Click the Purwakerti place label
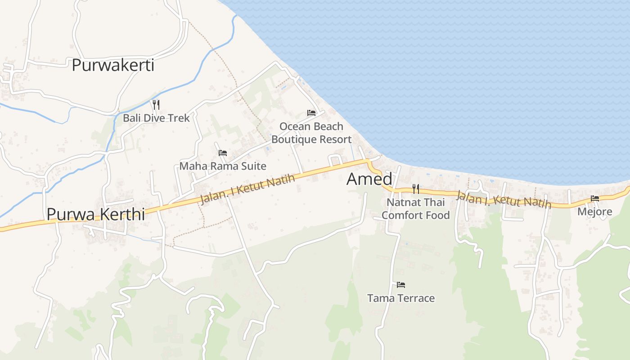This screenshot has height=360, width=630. click(x=113, y=65)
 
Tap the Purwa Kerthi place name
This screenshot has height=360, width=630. click(x=95, y=214)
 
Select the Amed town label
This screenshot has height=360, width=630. click(x=369, y=179)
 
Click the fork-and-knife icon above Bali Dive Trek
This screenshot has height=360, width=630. click(x=156, y=105)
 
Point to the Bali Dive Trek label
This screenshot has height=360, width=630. click(x=156, y=118)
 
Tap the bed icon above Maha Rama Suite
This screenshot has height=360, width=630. click(x=222, y=153)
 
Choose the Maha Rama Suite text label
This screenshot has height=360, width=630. click(x=223, y=166)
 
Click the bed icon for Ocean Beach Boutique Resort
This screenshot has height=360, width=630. click(x=311, y=112)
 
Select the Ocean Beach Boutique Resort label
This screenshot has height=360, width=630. click(x=311, y=133)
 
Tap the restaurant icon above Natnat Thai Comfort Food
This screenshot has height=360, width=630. click(x=415, y=189)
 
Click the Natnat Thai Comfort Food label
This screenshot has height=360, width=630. click(x=415, y=209)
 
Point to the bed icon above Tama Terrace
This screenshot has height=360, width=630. click(x=401, y=284)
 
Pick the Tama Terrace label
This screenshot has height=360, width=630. click(x=401, y=298)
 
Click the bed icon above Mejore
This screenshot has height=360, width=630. click(x=595, y=198)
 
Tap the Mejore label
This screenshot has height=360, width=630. click(x=595, y=211)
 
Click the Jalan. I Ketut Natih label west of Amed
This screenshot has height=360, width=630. click(x=247, y=189)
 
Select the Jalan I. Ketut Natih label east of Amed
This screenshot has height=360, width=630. click(x=504, y=199)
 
